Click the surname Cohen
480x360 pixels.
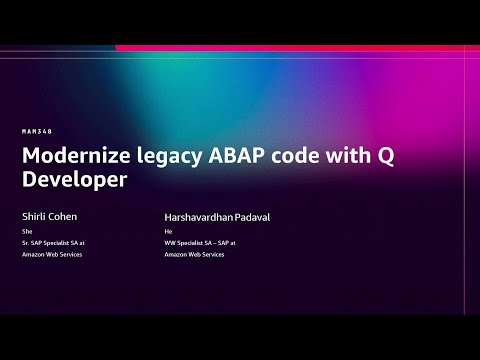click(63, 215)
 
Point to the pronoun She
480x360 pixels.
click(26, 231)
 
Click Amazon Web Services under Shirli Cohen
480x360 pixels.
click(51, 255)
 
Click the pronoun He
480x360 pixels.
click(168, 231)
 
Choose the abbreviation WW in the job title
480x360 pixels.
click(170, 243)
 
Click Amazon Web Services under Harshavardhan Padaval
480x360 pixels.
click(194, 255)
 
